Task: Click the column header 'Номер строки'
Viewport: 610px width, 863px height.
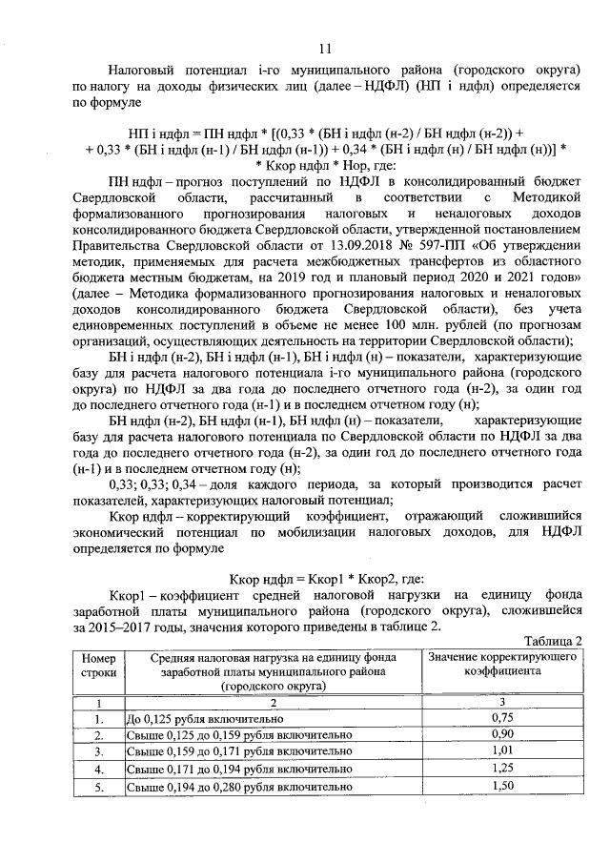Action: [98, 666]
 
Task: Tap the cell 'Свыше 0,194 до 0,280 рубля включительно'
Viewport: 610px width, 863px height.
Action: [239, 786]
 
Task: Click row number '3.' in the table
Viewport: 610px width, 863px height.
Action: [98, 751]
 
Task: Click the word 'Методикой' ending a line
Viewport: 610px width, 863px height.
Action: [543, 195]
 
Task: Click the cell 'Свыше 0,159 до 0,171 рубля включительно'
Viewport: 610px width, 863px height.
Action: [239, 751]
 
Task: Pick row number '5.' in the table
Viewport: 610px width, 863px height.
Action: [98, 786]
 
